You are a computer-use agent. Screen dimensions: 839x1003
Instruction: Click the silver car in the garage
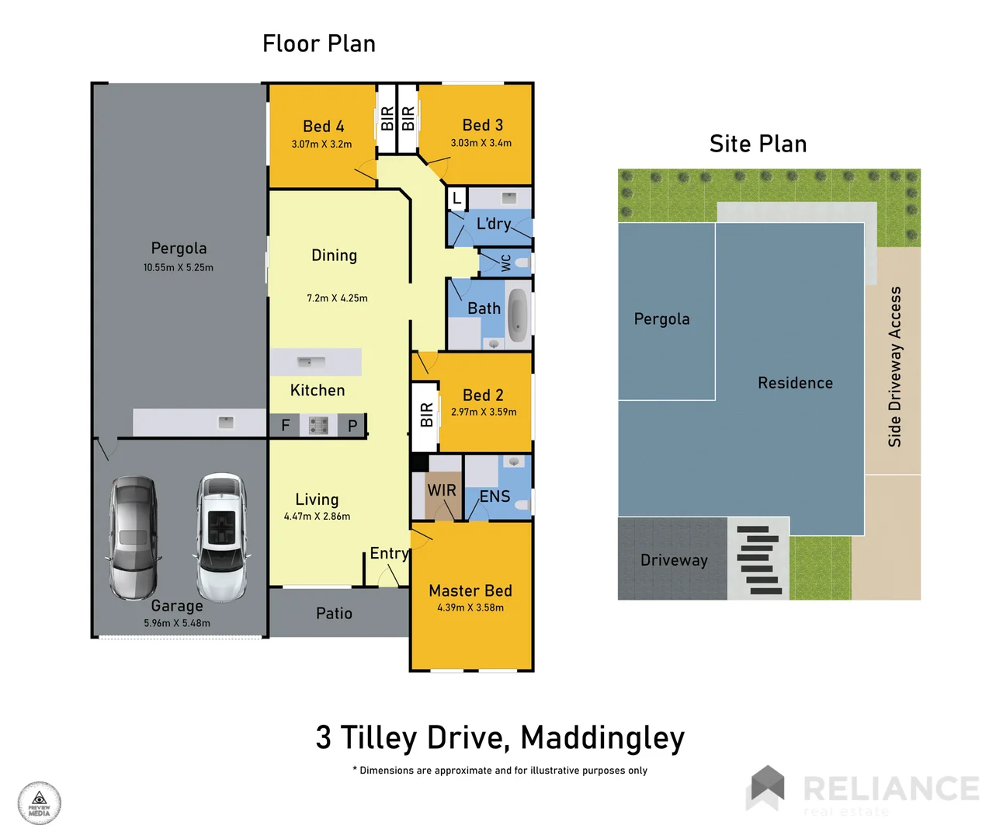coord(134,538)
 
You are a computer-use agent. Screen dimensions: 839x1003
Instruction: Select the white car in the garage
coord(222,538)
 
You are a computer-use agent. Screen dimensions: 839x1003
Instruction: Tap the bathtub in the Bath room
coord(518,316)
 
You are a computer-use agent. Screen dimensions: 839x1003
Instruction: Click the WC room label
coord(506,263)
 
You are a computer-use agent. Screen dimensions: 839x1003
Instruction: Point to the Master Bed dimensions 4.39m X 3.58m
coord(470,607)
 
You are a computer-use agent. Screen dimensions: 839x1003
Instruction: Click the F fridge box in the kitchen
coord(285,425)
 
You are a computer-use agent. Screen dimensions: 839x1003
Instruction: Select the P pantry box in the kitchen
coord(352,425)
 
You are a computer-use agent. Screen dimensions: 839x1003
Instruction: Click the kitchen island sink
coord(311,362)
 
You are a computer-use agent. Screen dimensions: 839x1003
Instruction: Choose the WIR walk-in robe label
coord(442,490)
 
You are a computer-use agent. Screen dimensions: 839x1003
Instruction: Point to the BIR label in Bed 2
coord(426,415)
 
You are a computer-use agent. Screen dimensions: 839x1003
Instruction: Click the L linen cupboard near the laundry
coord(456,199)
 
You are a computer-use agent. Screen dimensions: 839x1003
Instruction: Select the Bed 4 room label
coord(323,126)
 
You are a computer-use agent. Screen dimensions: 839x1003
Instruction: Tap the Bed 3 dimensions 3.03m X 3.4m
coord(481,143)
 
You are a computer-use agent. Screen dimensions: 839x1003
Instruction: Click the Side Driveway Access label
coord(895,367)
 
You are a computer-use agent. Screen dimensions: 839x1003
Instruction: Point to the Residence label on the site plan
coord(795,383)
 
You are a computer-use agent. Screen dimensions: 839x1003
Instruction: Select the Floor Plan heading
coord(319,44)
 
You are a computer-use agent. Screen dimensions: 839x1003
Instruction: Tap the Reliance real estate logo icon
coord(766,787)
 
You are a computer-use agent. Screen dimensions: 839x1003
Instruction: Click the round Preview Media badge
coord(40,802)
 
